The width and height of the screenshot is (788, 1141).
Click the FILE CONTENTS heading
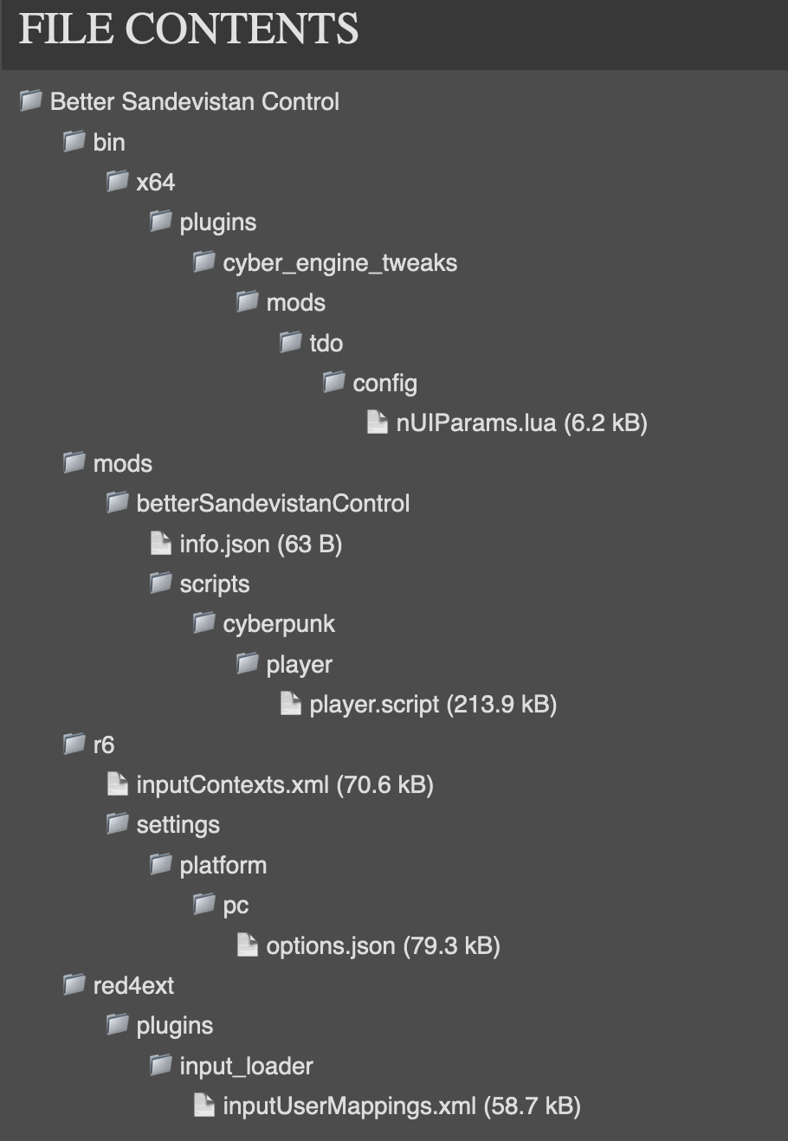pyautogui.click(x=189, y=29)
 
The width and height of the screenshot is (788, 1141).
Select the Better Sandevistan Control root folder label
pyautogui.click(x=194, y=101)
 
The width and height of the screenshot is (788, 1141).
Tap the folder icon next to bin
pyautogui.click(x=74, y=141)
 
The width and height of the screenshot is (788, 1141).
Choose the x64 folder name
pyautogui.click(x=155, y=182)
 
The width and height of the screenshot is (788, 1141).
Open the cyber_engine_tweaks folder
pyautogui.click(x=339, y=262)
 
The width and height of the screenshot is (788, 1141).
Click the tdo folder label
pyautogui.click(x=326, y=343)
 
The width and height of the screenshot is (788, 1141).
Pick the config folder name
pyautogui.click(x=384, y=383)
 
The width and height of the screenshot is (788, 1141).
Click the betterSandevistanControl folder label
pyautogui.click(x=273, y=503)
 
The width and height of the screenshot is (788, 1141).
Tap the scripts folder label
pyautogui.click(x=214, y=583)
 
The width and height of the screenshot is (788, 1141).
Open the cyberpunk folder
pyautogui.click(x=279, y=623)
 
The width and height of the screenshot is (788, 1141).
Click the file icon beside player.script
pyautogui.click(x=291, y=704)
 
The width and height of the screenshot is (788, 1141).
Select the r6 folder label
pyautogui.click(x=103, y=745)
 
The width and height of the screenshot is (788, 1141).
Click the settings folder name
pyautogui.click(x=178, y=824)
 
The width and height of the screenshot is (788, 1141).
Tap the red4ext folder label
pyautogui.click(x=133, y=985)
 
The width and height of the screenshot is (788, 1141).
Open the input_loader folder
pyautogui.click(x=246, y=1066)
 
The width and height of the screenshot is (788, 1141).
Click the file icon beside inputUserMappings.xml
pyautogui.click(x=204, y=1106)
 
